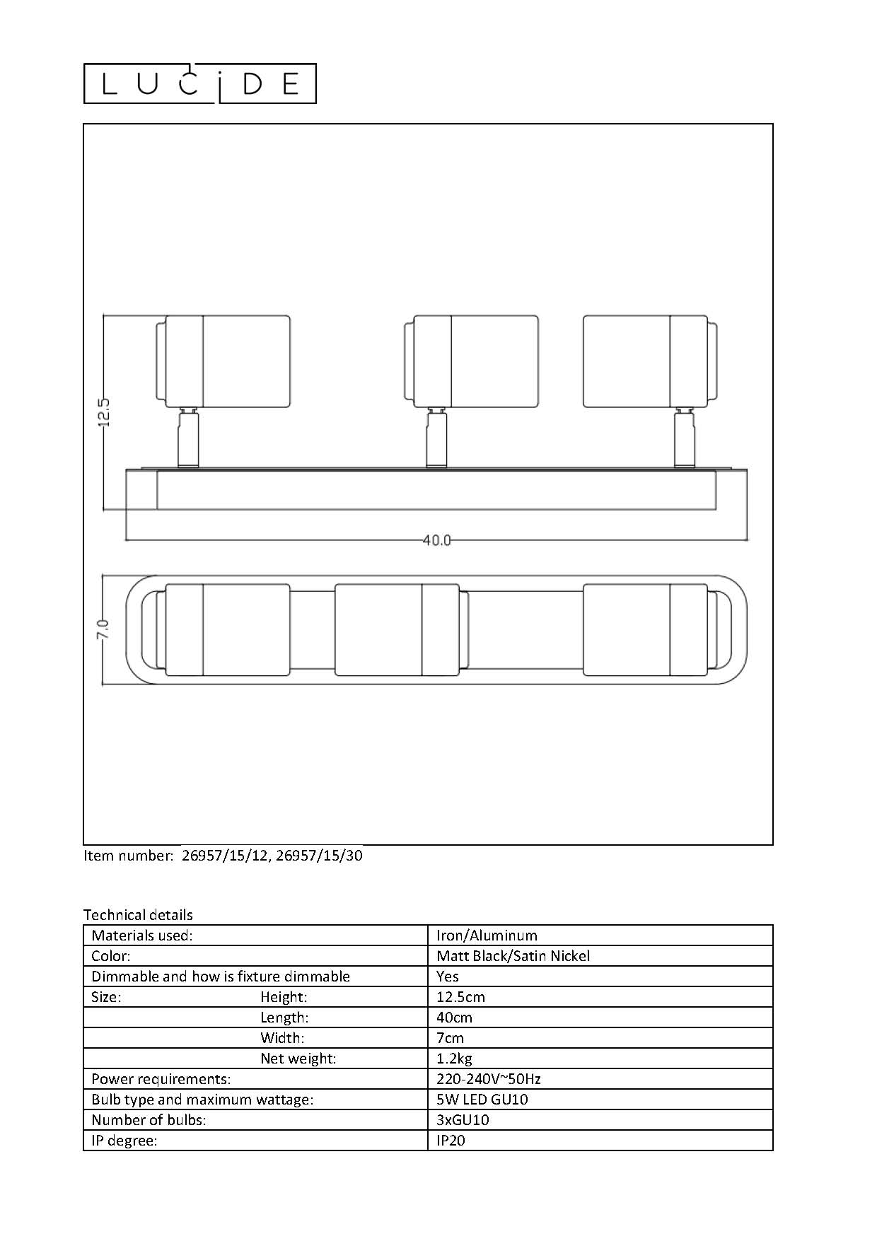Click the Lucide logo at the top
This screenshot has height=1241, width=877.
pyautogui.click(x=200, y=84)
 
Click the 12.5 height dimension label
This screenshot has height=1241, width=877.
pyautogui.click(x=104, y=412)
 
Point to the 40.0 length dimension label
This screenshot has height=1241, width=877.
pyautogui.click(x=436, y=540)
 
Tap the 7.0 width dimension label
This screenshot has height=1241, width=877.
pyautogui.click(x=103, y=629)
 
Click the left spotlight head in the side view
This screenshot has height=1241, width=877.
pyautogui.click(x=223, y=361)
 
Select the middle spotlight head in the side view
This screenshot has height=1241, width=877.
pyautogui.click(x=472, y=361)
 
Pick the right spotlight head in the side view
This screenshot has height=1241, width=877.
pyautogui.click(x=649, y=361)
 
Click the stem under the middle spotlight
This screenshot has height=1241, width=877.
pyautogui.click(x=436, y=439)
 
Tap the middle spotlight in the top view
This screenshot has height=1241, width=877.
pyautogui.click(x=397, y=629)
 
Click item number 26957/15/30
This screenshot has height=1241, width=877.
pyautogui.click(x=319, y=856)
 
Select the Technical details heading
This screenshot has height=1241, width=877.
pyautogui.click(x=138, y=915)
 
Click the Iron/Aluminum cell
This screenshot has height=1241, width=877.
pyautogui.click(x=487, y=936)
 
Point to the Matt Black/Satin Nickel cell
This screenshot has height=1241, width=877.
pyautogui.click(x=513, y=956)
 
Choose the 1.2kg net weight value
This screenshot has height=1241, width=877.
pyautogui.click(x=454, y=1059)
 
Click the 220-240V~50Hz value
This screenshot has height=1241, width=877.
pyautogui.click(x=489, y=1079)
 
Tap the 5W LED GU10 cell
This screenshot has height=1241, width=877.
pyautogui.click(x=482, y=1100)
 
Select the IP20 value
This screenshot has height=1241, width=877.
pyautogui.click(x=451, y=1141)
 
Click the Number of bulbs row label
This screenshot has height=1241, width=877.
pyautogui.click(x=149, y=1120)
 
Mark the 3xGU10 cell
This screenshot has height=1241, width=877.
pyautogui.click(x=463, y=1120)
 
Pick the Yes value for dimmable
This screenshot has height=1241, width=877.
pyautogui.click(x=448, y=977)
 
